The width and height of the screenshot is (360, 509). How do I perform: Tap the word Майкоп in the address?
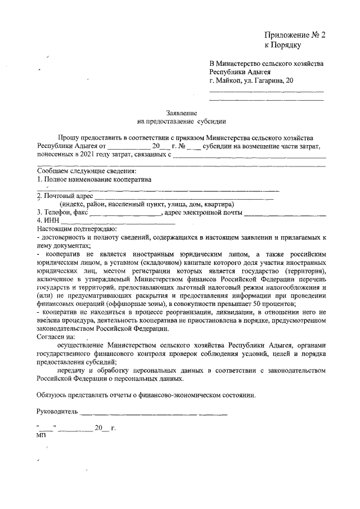pos(229,80)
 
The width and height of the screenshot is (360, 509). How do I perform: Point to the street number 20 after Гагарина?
pos(289,80)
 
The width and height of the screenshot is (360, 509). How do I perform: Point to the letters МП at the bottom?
pos(42,435)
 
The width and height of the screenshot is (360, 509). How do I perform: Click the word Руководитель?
pos(57,411)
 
